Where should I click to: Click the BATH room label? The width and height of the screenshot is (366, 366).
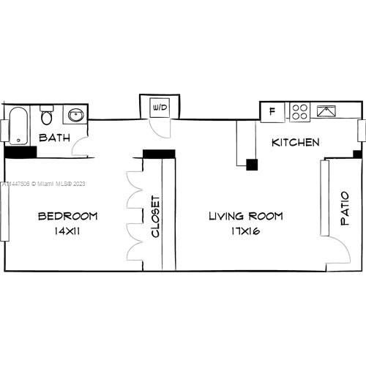pos(54,138)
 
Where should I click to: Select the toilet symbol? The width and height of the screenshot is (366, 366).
pos(47,116)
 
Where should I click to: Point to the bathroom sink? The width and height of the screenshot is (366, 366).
pos(75,115)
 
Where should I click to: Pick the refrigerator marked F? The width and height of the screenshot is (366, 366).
pos(272,112)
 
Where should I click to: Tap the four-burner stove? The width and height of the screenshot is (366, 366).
pos(299,112)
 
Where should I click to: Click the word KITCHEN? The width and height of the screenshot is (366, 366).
pos(295,142)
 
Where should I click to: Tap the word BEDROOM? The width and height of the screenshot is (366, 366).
pos(67,217)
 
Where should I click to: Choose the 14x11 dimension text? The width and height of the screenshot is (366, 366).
pos(67,231)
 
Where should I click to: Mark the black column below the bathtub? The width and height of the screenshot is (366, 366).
pos(20,152)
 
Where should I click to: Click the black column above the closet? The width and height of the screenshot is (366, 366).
pos(158,154)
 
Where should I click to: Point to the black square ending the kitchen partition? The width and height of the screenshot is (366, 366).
pos(252,165)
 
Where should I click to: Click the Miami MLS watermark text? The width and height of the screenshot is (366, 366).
pos(44,184)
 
